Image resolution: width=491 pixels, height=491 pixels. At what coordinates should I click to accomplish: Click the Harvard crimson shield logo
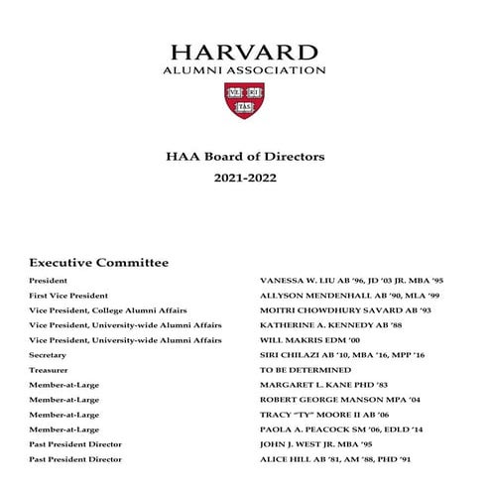(245, 100)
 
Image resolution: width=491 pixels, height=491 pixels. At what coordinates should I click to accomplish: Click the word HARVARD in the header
(245, 53)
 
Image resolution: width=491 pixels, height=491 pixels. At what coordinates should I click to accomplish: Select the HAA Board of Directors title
(245, 156)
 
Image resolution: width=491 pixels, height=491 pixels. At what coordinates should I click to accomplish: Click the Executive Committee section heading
(99, 263)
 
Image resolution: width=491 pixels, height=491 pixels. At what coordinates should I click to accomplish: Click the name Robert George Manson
(315, 400)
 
